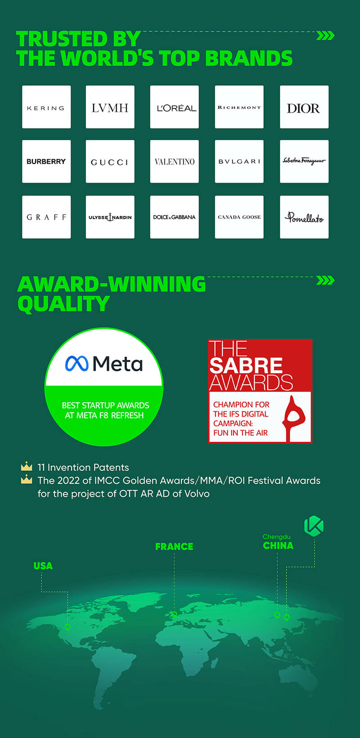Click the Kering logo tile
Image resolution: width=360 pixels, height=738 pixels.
(46, 107)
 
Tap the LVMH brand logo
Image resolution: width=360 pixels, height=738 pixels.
(110, 108)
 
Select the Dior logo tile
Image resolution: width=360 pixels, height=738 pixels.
(304, 107)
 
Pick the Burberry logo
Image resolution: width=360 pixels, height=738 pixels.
(46, 162)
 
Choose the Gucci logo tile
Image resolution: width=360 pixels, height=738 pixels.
(110, 162)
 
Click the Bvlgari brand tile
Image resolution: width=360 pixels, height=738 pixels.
(239, 162)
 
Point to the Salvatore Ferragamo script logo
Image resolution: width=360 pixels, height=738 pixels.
(304, 161)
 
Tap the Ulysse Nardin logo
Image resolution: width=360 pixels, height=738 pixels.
(110, 217)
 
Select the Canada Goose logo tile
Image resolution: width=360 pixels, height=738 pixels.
(239, 217)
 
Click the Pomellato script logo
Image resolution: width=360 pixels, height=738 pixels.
(304, 217)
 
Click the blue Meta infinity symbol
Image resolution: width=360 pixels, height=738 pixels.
(77, 364)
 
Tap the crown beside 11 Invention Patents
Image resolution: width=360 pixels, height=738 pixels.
(27, 467)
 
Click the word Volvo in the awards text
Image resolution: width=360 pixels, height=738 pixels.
(197, 494)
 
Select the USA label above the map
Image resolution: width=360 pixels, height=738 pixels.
(43, 566)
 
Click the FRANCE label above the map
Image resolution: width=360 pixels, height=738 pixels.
(174, 547)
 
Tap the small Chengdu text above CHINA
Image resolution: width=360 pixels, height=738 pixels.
(276, 537)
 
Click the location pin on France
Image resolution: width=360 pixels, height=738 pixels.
(174, 614)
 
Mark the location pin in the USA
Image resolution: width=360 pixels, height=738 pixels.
(67, 627)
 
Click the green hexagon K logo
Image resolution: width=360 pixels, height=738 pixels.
(314, 526)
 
